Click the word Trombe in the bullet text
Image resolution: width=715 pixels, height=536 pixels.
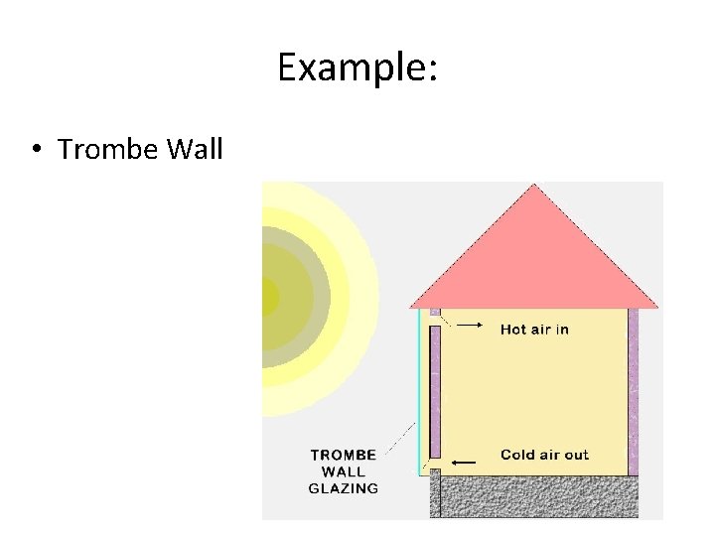pos(108,150)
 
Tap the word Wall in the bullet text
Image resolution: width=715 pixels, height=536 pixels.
pos(195,150)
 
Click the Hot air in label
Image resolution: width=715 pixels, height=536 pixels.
pos(534,330)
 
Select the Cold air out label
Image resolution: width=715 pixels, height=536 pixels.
pos(544,455)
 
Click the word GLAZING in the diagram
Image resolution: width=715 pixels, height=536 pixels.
pos(344,488)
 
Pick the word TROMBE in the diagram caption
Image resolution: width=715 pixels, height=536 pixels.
pos(344,455)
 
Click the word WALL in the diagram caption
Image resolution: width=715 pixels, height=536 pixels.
pos(344,471)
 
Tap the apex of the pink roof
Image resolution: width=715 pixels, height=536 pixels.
pos(534,187)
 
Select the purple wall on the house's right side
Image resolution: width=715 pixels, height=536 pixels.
pos(633,392)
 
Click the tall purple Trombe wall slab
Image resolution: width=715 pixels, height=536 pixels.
pos(435,392)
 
